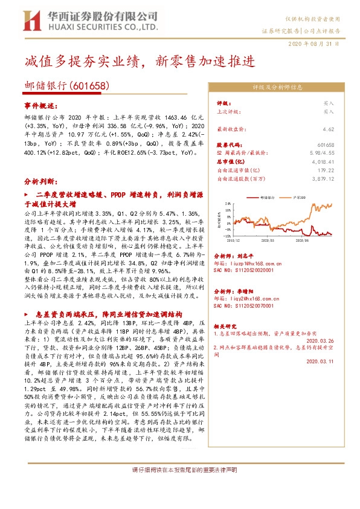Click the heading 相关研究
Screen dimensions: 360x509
(228, 325)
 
